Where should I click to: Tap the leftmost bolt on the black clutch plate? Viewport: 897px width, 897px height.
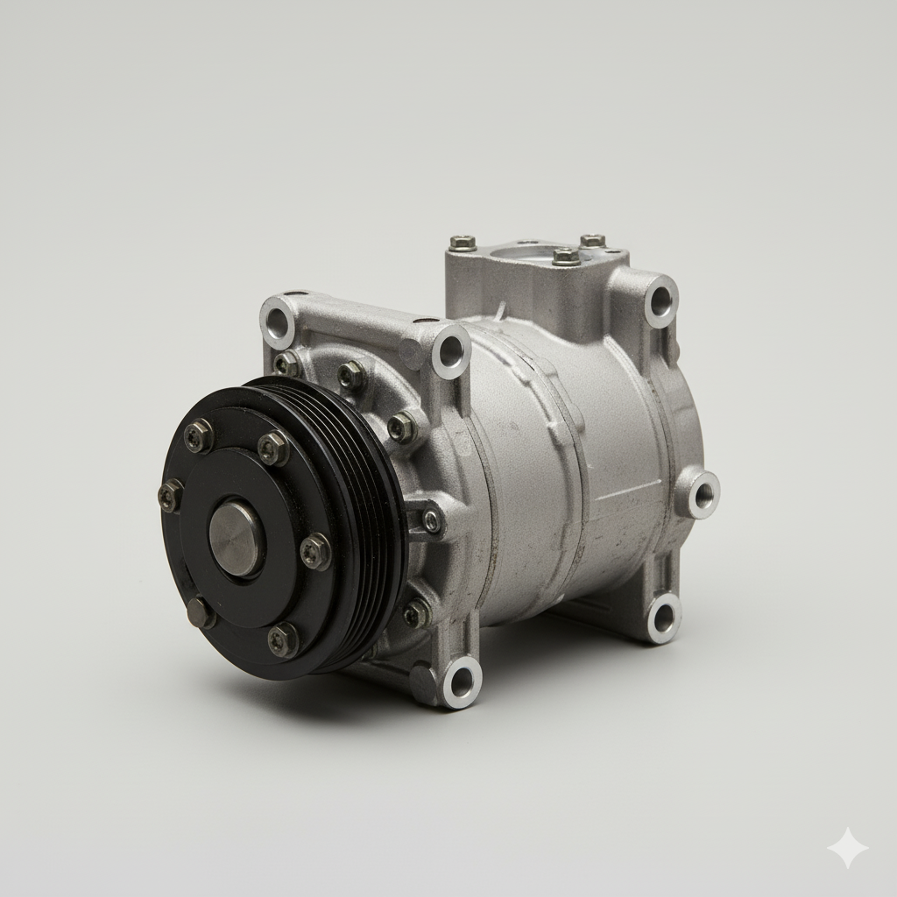click(x=170, y=496)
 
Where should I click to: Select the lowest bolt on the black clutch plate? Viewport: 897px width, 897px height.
click(x=282, y=640)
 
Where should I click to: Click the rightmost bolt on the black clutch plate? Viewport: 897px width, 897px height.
click(x=315, y=551)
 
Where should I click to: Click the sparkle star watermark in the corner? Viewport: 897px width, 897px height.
click(x=848, y=848)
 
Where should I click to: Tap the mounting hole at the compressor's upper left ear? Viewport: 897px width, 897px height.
click(x=279, y=321)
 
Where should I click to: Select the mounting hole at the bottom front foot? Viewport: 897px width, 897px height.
click(x=460, y=681)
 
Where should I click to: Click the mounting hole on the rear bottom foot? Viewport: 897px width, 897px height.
click(x=663, y=618)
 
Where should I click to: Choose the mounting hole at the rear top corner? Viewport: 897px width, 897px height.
click(x=660, y=300)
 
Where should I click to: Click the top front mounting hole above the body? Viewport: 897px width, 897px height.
click(x=450, y=351)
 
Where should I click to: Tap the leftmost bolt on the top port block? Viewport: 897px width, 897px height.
click(x=463, y=243)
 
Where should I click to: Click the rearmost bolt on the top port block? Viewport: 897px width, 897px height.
click(x=593, y=240)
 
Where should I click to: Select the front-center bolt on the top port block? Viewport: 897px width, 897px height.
click(x=566, y=257)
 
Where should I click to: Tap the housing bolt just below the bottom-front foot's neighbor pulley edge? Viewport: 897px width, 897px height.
click(x=416, y=612)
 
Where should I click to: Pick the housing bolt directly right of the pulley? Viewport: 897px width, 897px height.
click(x=432, y=521)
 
